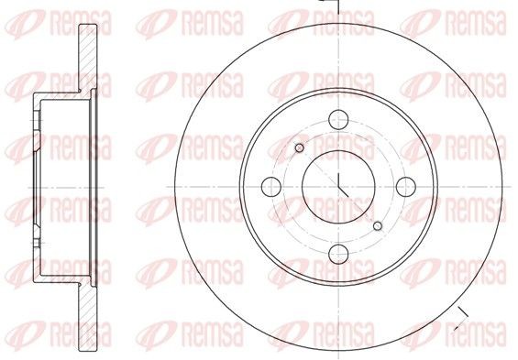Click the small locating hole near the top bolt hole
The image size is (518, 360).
pos(299,147)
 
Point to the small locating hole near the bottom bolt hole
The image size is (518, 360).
pos(378,224)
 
